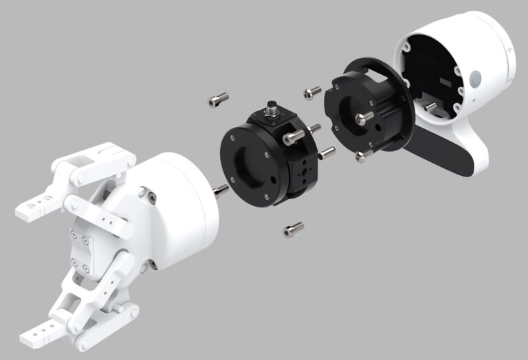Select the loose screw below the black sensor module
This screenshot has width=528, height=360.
tap(293, 229)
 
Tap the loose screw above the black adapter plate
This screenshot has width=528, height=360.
tap(312, 91)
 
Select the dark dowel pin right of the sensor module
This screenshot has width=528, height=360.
tap(327, 152)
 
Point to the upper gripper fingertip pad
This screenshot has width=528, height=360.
tap(34, 205)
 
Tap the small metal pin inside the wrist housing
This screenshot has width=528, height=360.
tap(430, 106)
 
